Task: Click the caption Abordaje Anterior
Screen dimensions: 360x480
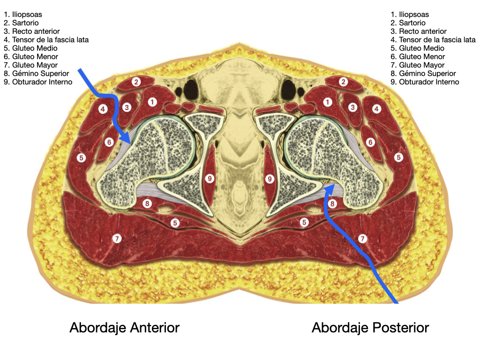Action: pos(124,327)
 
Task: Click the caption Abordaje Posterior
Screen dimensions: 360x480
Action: pos(370,327)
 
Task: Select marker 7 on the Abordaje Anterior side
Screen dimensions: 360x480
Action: pos(117,239)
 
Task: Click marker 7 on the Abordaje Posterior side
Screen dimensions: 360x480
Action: pos(362,239)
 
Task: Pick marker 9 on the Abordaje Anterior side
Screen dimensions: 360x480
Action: pos(210,179)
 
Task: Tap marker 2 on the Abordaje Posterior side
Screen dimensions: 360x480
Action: pos(344,82)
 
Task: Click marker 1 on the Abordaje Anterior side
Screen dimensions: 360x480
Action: pos(152,102)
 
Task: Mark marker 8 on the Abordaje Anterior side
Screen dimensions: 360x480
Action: pos(148,203)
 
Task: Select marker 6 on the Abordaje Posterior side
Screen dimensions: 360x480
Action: pos(370,142)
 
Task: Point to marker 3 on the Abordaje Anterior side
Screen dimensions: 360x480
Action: pos(127,107)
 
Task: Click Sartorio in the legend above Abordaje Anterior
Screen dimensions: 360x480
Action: pos(24,23)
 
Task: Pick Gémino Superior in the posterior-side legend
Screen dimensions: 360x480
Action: pos(423,74)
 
